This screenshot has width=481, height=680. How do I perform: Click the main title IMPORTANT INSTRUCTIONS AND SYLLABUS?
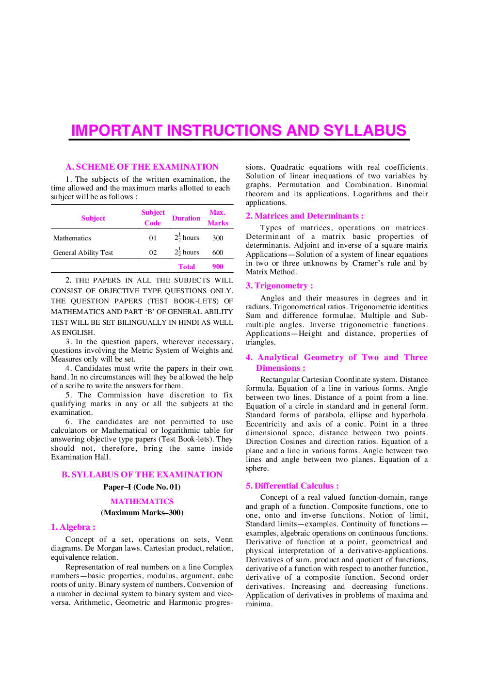tap(239, 130)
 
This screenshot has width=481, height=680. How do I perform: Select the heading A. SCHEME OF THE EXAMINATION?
tap(142, 167)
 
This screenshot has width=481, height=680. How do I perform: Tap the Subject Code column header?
tap(153, 218)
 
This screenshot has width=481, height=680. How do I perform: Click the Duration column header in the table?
tap(186, 218)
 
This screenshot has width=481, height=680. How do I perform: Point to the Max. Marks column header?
tap(218, 218)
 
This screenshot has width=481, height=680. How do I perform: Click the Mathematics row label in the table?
tap(72, 238)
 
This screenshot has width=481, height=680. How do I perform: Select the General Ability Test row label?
tap(83, 253)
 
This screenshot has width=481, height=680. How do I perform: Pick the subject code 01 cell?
tap(153, 238)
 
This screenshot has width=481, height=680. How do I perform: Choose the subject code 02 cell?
tap(153, 253)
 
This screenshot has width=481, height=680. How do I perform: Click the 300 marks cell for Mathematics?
tap(218, 238)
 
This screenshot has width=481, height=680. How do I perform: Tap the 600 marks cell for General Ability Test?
tap(218, 253)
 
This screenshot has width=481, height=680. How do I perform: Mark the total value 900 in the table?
tap(218, 267)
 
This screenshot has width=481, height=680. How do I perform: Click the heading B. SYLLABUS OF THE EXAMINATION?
tap(142, 474)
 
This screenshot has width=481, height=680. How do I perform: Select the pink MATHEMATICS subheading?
tap(142, 501)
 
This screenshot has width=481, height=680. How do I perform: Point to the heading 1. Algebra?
tap(73, 527)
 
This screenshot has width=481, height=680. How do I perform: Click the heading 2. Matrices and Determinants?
tap(305, 216)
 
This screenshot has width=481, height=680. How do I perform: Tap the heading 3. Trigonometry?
tap(279, 286)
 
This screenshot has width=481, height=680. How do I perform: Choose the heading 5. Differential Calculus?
tap(292, 486)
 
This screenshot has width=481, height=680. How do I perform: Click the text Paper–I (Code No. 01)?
tap(142, 487)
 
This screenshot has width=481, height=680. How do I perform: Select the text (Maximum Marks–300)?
tap(142, 512)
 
